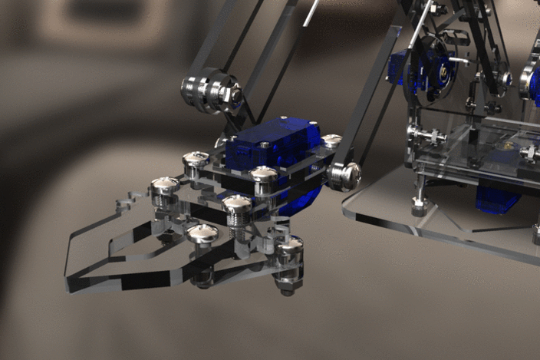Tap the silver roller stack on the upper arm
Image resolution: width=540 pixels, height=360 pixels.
[x=206, y=91]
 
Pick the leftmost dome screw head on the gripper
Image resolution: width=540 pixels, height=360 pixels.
[x=164, y=187]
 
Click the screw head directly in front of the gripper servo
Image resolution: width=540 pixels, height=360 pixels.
[x=263, y=176]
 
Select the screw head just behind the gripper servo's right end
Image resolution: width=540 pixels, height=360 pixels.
[x=331, y=141]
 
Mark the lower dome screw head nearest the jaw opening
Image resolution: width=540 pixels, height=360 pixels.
[x=201, y=234]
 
